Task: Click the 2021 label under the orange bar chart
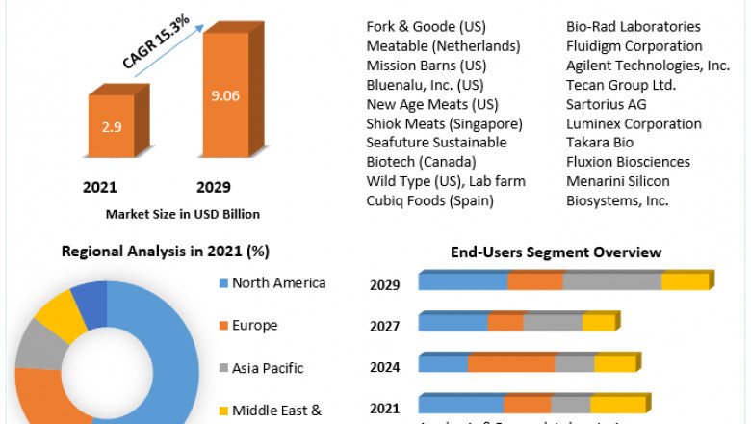coord(100,186)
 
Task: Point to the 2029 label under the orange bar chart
coord(213,186)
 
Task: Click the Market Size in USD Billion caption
coord(182,214)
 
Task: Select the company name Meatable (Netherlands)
coord(443,46)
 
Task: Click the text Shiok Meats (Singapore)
coord(444,123)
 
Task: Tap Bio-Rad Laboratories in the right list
coord(633,27)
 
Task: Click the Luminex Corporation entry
coord(634,123)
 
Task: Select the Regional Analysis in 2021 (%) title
coord(165,252)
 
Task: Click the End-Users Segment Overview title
coord(556,252)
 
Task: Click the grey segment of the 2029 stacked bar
coord(611,281)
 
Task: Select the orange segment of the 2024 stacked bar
coord(511,363)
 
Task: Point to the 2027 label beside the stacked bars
coord(385,326)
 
